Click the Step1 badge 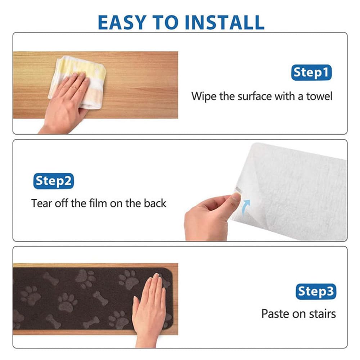311,73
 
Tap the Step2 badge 54,181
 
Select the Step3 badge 316,292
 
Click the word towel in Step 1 319,96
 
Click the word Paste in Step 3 275,314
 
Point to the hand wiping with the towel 65,103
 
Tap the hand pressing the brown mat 150,308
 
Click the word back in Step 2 155,203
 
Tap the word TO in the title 165,22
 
